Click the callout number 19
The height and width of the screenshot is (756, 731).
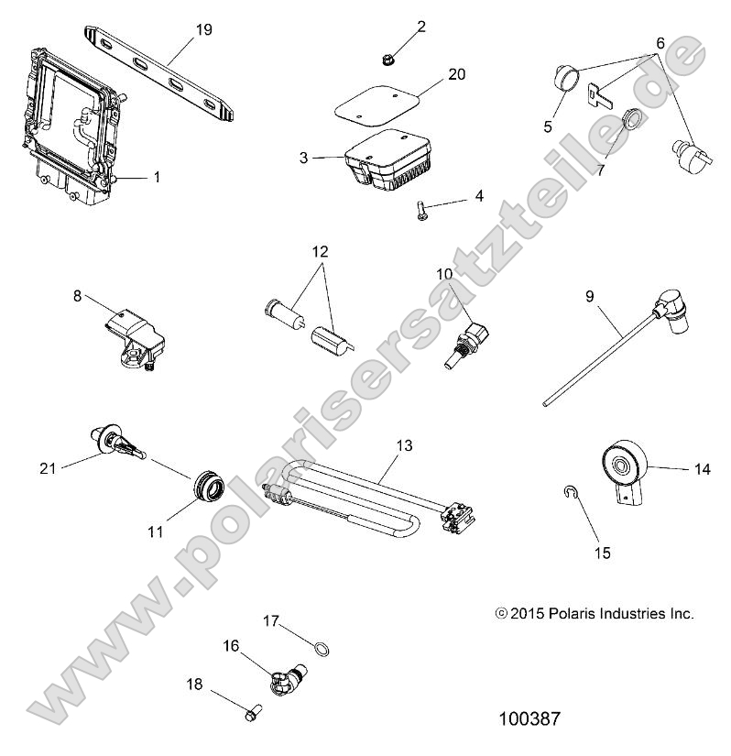(203, 30)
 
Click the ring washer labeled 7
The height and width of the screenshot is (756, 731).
(606, 120)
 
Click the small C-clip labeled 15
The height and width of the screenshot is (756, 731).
(569, 494)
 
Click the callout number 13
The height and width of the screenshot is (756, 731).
(403, 446)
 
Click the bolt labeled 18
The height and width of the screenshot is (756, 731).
(251, 709)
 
